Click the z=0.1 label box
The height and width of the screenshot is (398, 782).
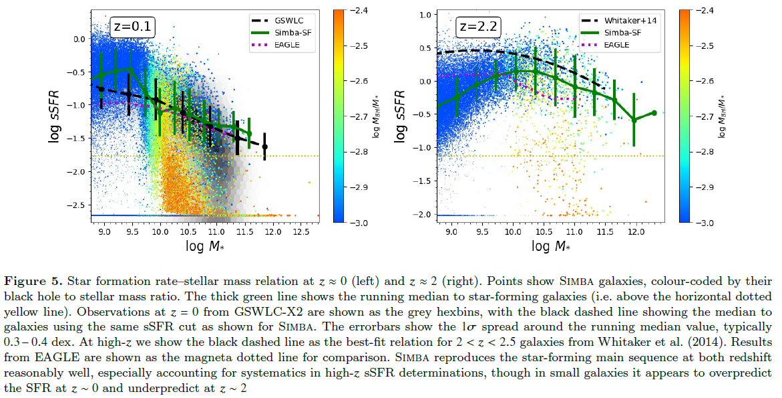pyautogui.click(x=133, y=28)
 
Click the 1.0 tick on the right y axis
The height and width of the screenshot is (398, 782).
pyautogui.click(x=422, y=15)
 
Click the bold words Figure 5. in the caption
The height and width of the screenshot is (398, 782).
pyautogui.click(x=33, y=279)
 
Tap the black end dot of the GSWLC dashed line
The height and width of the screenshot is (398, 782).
pyautogui.click(x=264, y=146)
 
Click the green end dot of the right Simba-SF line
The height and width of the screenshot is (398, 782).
pyautogui.click(x=654, y=113)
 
